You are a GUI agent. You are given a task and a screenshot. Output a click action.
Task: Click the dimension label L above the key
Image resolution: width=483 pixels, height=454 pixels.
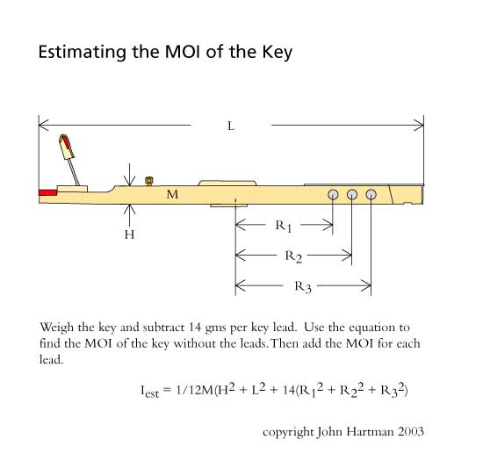(231, 126)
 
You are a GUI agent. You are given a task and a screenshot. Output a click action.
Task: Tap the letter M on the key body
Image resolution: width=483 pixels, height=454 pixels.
(172, 194)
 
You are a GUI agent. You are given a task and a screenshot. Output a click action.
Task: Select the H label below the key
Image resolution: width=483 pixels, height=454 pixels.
(129, 234)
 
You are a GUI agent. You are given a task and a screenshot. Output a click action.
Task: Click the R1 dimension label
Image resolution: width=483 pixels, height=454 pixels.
(283, 226)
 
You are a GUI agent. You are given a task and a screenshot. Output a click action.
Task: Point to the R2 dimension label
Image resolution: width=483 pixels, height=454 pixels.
(293, 256)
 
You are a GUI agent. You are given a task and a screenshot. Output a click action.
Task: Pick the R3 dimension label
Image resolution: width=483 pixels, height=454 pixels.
(303, 286)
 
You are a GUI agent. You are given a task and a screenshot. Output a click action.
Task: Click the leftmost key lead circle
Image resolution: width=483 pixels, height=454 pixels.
(333, 195)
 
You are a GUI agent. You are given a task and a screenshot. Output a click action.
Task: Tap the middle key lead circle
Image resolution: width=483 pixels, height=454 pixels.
(352, 195)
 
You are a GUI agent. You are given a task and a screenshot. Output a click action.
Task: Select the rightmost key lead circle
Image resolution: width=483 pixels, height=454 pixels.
(371, 195)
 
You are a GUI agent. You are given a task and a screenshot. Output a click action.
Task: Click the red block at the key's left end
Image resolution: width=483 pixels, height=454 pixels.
(47, 192)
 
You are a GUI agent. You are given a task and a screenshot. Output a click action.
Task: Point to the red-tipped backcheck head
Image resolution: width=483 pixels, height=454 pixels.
(67, 147)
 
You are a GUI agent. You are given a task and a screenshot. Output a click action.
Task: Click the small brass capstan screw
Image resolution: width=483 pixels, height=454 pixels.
(149, 181)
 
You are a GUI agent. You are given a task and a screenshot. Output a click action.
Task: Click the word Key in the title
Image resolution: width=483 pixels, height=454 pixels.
(278, 53)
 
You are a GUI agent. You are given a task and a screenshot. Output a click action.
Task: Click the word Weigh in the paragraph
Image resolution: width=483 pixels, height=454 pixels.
(57, 328)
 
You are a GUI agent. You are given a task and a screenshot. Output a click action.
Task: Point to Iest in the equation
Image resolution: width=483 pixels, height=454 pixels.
(149, 391)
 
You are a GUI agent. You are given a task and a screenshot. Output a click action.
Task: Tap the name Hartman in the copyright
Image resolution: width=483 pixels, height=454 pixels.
(370, 431)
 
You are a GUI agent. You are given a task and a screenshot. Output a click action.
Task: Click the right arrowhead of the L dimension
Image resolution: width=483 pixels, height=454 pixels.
(419, 126)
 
